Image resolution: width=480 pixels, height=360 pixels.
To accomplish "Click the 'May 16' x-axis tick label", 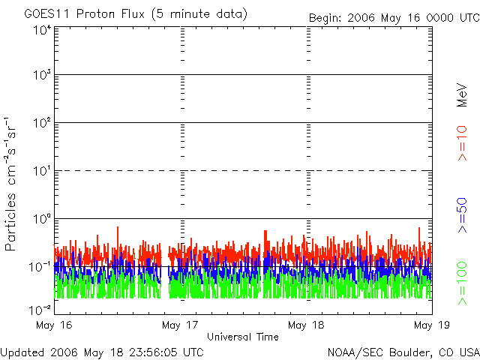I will click(54, 325).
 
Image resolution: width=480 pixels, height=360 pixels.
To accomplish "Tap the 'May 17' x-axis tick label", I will click(181, 325).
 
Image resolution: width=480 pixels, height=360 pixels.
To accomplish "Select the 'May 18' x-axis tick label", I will click(307, 325).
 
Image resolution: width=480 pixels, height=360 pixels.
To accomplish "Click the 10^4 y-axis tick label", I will click(41, 31).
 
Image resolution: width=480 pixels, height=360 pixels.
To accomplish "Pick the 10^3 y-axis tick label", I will click(41, 76).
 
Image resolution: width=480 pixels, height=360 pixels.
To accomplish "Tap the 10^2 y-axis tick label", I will click(41, 124).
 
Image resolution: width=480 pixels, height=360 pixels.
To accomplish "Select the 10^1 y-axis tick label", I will click(41, 172).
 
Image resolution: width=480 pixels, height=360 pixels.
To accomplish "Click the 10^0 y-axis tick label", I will click(41, 220).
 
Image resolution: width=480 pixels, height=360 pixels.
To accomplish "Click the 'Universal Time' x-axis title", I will click(242, 337).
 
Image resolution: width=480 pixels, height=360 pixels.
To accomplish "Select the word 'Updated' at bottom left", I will click(22, 351).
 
